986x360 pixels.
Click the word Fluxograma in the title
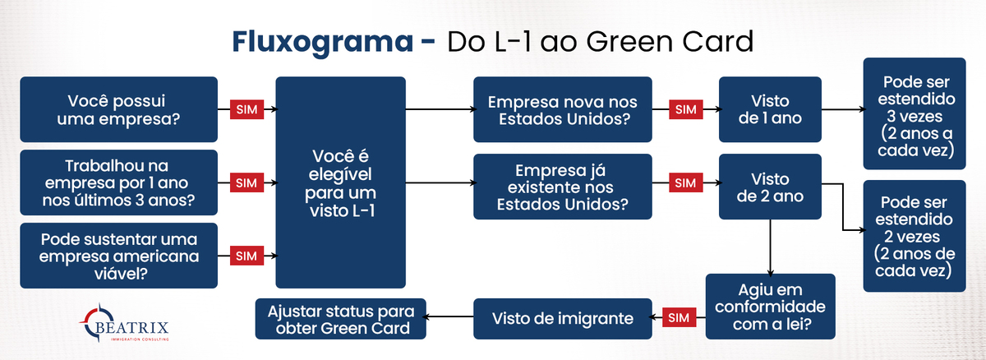(323, 43)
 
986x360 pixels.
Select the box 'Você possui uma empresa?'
(119, 109)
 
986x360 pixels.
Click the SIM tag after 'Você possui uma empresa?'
(246, 109)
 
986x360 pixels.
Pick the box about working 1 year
(119, 182)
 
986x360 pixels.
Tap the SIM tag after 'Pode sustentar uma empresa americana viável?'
(246, 256)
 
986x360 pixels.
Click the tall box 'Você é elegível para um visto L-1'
(341, 182)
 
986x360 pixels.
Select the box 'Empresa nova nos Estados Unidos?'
(563, 109)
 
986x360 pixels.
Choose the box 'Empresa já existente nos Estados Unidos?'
(563, 187)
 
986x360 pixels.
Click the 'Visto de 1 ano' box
(771, 109)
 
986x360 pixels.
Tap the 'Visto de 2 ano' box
(771, 187)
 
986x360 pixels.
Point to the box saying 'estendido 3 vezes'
(915, 113)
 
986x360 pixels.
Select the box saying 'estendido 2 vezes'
(915, 236)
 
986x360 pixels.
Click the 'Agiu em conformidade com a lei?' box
(771, 307)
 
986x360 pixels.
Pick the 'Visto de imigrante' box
(563, 319)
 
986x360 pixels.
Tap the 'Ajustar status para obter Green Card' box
(341, 319)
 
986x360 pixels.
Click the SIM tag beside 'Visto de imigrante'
(679, 317)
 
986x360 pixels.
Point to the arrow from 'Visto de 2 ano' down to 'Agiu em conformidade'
(771, 247)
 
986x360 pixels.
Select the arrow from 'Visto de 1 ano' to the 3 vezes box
(843, 109)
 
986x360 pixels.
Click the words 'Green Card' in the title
(670, 42)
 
